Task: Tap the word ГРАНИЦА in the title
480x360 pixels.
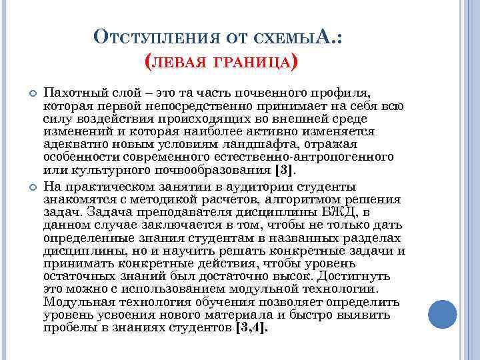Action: [x=255, y=63]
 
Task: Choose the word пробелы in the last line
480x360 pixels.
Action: [x=67, y=328]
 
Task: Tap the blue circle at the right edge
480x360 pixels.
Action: [x=442, y=314]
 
